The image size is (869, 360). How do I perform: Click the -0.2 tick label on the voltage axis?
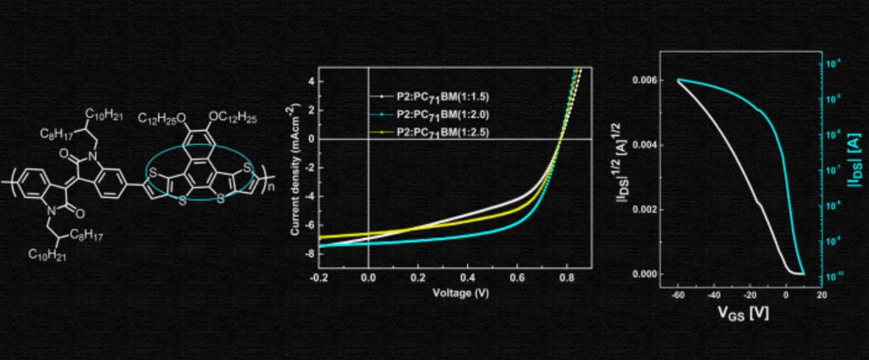319,278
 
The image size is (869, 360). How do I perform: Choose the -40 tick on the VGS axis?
714,294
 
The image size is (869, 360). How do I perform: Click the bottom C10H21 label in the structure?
45,255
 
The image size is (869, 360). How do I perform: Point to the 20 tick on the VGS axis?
822,294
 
